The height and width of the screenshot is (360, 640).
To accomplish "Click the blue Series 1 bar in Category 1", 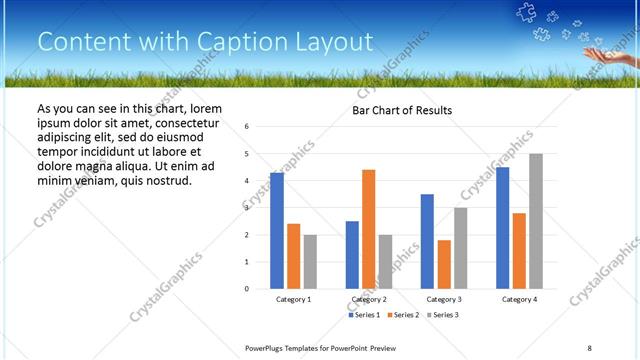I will [277, 231].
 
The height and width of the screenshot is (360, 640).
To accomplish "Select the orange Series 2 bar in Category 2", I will [369, 229].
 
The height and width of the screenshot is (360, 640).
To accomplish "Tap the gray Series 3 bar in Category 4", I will [536, 221].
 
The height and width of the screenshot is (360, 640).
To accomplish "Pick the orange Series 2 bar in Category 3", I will [444, 264].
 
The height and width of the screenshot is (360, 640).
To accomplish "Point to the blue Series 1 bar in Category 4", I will [502, 228].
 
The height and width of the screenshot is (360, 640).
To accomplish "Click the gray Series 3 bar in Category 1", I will [310, 262].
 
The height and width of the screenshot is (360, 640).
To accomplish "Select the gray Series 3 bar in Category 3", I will [460, 248].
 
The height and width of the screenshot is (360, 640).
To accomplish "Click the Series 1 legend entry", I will [365, 315].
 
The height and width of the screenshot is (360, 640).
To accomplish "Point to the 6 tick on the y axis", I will [247, 127].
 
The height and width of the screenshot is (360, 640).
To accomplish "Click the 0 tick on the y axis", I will [247, 289].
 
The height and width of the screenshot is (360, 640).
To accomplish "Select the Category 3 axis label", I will [443, 299].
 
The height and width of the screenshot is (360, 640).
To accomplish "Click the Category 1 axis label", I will [293, 299].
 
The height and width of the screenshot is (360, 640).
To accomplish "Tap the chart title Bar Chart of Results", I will [402, 110].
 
